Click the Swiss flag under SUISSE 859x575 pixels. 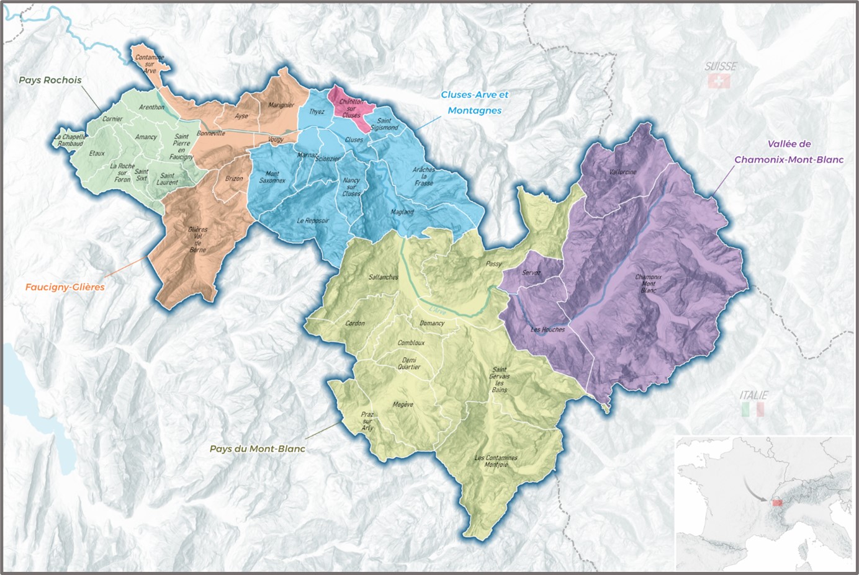[720, 81]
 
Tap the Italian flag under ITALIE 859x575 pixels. [753, 409]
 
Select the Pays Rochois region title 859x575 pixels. [50, 80]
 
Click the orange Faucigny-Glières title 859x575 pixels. [65, 287]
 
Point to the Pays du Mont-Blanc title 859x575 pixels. [257, 448]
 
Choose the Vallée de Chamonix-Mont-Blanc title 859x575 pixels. [788, 152]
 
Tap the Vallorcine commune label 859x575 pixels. [623, 172]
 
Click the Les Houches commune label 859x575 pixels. [547, 329]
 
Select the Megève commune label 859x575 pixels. [403, 404]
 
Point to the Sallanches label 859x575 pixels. [383, 277]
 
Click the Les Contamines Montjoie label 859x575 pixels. [495, 461]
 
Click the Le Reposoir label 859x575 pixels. [312, 220]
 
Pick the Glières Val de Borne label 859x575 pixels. [197, 239]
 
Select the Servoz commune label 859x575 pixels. [531, 272]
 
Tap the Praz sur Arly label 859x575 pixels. [368, 421]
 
